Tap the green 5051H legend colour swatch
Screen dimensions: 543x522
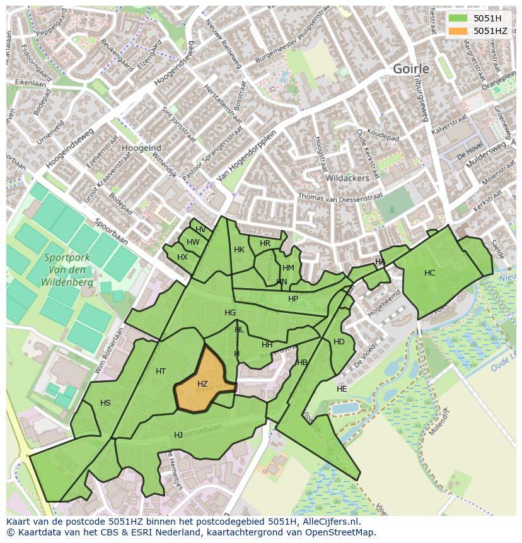458,18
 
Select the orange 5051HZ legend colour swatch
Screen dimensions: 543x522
458,31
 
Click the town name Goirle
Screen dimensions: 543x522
411,69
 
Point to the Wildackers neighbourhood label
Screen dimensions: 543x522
347,178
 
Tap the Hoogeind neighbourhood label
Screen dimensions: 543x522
141,148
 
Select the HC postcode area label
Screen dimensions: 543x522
429,273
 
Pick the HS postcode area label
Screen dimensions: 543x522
105,403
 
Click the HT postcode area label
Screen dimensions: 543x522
161,371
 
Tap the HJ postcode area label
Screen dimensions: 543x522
178,435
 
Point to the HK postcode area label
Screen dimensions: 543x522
239,250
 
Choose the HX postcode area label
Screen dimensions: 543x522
182,257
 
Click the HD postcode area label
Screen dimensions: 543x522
339,342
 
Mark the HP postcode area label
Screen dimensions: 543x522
293,299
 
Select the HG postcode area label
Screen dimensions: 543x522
230,313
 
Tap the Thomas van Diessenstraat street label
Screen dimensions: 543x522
340,197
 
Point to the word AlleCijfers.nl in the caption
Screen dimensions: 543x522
333,522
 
